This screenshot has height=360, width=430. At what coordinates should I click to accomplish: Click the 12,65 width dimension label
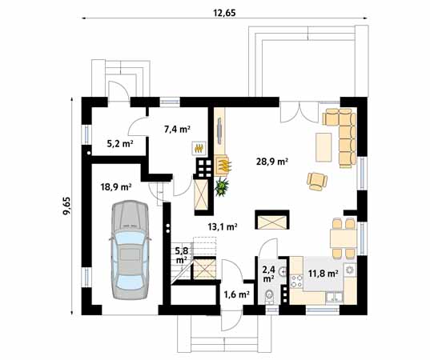[x=224, y=12]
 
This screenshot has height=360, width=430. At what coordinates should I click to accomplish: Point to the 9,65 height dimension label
[x=66, y=206]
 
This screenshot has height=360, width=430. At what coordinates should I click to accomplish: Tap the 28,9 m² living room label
[x=271, y=162]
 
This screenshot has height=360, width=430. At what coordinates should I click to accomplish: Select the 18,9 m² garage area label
[x=116, y=187]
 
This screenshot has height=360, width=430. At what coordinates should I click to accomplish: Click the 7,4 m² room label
[x=177, y=129]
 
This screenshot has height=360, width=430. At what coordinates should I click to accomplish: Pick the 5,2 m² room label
[x=120, y=143]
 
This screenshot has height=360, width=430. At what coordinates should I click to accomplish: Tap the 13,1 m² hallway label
[x=223, y=226]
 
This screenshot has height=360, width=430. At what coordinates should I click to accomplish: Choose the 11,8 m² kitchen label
[x=323, y=273]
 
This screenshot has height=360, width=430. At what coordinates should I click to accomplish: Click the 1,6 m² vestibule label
[x=236, y=294]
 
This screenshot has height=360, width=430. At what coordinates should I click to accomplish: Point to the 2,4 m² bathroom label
[x=268, y=274]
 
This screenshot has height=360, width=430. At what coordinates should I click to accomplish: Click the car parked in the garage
[x=130, y=250]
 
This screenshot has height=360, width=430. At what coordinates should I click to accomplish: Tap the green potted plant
[x=222, y=187]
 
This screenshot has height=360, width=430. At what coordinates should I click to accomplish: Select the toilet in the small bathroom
[x=269, y=296]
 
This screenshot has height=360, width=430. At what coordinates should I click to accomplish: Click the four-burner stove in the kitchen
[x=296, y=281]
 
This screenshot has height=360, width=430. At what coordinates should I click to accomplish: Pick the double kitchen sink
[x=334, y=297]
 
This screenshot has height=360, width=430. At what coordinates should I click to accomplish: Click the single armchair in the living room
[x=317, y=181]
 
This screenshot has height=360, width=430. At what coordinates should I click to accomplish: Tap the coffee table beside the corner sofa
[x=324, y=147]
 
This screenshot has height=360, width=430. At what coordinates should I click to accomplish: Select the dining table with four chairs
[x=344, y=238]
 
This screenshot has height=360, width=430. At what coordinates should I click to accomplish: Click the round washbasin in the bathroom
[x=283, y=272]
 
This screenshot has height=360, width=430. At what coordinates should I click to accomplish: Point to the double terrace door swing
[x=300, y=112]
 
